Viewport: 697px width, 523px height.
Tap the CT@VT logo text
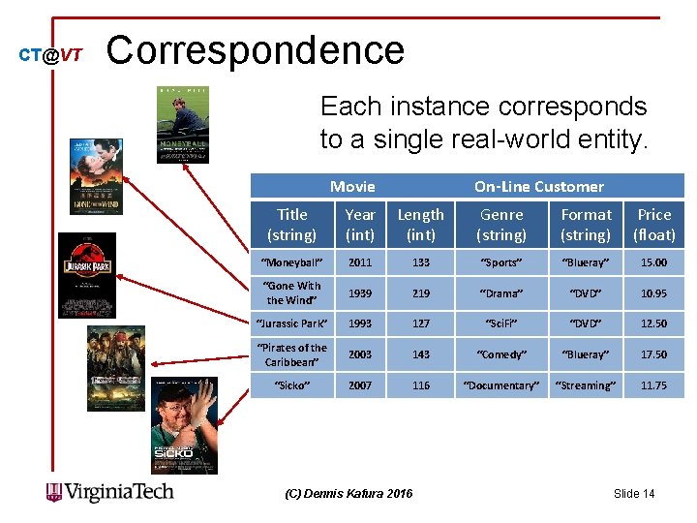pos(50,56)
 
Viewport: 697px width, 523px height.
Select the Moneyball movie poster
pos(183,125)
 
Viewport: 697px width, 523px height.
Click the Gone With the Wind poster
pos(96,176)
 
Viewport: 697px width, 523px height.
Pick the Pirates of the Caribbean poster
pos(115,368)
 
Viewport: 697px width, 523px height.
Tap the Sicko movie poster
pos(184,425)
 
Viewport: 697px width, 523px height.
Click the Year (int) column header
pos(360,225)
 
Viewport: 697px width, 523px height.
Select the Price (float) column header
pos(654,225)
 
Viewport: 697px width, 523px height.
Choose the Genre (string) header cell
pos(501,225)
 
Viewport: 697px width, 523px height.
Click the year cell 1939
pos(360,293)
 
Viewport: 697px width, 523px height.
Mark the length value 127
pos(420,323)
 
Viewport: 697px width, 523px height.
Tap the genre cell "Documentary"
pos(501,385)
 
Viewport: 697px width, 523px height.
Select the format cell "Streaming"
pos(586,385)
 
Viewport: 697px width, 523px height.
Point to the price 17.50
pos(653,354)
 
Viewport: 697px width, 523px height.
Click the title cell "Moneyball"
pos(291,262)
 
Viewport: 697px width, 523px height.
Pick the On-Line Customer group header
pos(538,186)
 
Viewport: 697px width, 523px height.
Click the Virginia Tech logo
pos(110,492)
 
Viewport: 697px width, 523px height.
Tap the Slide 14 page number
pos(634,494)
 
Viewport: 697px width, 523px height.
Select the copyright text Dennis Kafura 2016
pos(348,494)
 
